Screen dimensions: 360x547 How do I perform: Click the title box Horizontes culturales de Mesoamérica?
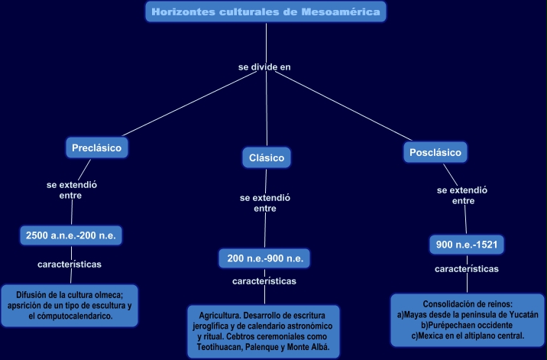click(x=265, y=11)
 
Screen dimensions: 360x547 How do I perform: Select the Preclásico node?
click(x=96, y=148)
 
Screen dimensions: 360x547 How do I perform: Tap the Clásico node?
click(x=267, y=158)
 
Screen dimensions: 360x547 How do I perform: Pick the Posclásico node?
click(x=435, y=152)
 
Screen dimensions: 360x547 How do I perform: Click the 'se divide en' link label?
click(x=264, y=67)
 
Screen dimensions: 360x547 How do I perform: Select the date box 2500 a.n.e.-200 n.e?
click(x=70, y=235)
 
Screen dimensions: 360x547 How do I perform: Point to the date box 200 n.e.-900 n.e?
click(x=265, y=258)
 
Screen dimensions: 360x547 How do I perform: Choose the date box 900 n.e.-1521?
click(x=466, y=245)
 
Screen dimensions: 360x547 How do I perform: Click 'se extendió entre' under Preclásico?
click(x=71, y=190)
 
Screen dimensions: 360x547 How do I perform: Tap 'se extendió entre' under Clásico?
click(x=265, y=203)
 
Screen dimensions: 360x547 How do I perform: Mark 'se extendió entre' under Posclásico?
click(x=462, y=195)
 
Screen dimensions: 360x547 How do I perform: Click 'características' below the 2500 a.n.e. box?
click(x=70, y=264)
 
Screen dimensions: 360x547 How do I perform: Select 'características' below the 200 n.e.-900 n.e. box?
click(x=264, y=281)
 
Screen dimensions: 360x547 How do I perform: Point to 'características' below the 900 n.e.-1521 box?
click(x=467, y=269)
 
